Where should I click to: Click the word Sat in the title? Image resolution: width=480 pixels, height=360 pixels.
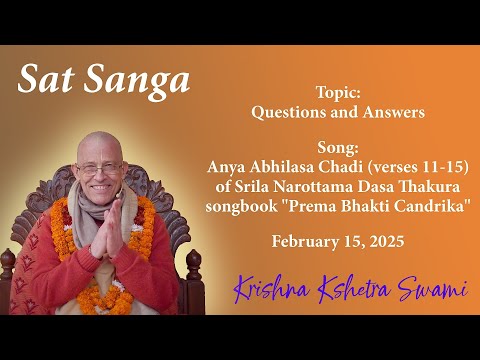point(46,79)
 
